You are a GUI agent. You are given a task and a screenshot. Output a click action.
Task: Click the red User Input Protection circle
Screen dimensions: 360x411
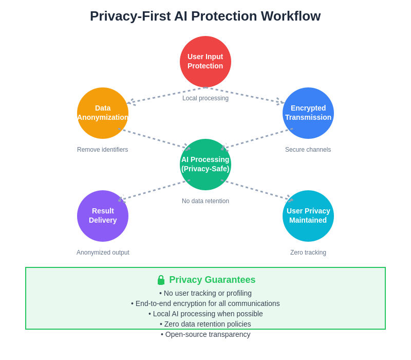pos(206,62)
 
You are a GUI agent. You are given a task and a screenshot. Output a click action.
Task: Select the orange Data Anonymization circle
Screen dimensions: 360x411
pos(103,113)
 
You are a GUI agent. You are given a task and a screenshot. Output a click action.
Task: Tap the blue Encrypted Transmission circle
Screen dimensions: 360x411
pos(308,113)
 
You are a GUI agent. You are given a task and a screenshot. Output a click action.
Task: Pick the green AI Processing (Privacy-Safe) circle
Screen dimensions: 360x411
pos(206,165)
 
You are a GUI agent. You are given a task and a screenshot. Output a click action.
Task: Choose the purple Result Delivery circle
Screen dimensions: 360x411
pos(103,216)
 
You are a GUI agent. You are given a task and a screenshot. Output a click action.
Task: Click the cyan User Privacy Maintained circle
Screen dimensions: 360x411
pos(308,216)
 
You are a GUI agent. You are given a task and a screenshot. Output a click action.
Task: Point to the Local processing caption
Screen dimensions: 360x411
pos(206,98)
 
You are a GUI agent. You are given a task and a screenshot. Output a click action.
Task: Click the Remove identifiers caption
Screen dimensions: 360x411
pos(103,150)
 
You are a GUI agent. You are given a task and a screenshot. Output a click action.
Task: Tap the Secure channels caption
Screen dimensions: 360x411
pos(308,150)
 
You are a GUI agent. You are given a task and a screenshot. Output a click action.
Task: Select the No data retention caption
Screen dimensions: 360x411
pos(206,201)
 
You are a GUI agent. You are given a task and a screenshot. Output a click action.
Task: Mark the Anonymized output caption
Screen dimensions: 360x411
pos(103,253)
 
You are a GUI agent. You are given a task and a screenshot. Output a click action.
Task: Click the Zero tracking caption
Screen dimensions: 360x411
pos(308,253)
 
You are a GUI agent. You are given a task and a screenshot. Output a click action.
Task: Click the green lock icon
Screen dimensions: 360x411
pos(161,280)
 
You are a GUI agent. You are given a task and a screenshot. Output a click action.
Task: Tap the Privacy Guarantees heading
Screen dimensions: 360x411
pos(212,280)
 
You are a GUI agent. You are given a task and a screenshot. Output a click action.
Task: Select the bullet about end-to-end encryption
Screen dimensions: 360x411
pos(206,303)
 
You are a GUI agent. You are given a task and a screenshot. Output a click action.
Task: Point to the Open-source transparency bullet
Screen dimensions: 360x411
pos(206,334)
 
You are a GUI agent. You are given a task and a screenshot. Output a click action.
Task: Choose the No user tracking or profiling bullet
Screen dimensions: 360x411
pos(206,293)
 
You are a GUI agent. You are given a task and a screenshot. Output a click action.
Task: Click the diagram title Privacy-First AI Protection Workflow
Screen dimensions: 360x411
pos(206,16)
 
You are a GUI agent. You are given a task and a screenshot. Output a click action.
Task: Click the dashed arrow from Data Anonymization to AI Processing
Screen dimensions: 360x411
pos(153,138)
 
